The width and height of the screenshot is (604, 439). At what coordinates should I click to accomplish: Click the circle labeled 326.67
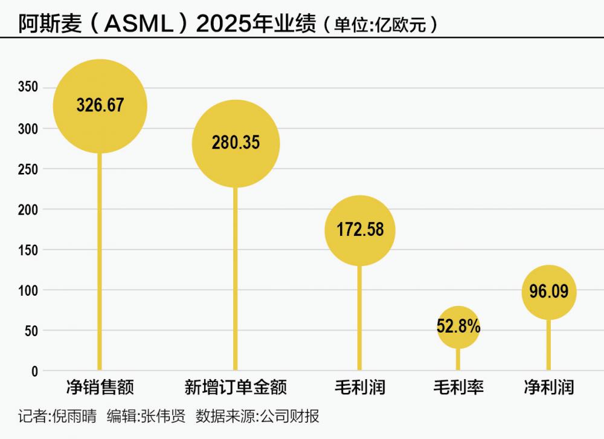100,106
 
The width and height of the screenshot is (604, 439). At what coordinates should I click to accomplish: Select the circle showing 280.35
236,143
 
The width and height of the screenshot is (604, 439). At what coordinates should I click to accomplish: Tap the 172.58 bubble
359,230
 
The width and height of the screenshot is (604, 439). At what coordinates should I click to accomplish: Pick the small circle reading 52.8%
458,327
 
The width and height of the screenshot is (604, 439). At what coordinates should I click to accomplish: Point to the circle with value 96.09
548,292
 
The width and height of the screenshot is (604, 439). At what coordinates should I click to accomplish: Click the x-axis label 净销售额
100,387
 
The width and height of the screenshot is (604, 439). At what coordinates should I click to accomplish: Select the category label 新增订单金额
236,387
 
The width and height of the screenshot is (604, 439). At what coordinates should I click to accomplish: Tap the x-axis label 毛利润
359,387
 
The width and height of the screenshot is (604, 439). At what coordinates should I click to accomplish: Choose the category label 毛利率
458,387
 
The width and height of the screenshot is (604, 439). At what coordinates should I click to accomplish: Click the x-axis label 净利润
548,387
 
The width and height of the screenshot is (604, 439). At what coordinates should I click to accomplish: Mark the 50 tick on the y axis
31,331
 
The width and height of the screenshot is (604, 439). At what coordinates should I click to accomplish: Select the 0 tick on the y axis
34,371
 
